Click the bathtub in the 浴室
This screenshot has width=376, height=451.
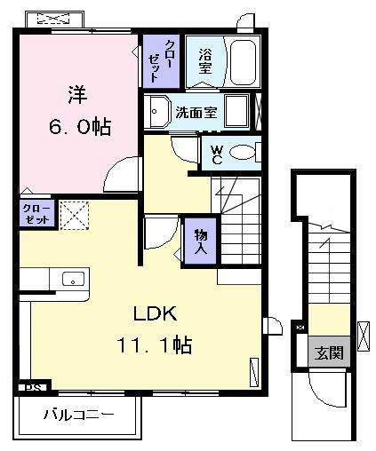point(243,62)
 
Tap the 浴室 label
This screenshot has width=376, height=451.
point(205,61)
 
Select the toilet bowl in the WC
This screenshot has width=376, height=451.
point(242,153)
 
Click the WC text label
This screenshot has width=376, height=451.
point(217,154)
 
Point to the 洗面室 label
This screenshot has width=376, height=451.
point(196,113)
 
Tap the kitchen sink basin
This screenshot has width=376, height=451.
point(73,279)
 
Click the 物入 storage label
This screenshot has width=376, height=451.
point(201,241)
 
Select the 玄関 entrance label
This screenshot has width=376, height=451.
point(329,352)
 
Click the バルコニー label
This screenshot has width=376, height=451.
point(79,415)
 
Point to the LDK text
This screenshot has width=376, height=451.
point(156,314)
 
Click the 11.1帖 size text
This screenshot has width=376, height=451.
point(155,344)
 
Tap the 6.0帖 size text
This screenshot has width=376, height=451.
point(80,127)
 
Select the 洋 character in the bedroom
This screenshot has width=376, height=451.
point(77,95)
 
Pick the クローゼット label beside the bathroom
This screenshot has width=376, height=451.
point(161,61)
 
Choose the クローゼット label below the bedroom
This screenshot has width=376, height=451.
point(37,214)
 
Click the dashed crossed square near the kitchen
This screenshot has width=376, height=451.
point(75,216)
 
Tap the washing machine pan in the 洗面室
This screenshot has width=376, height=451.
point(236,111)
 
